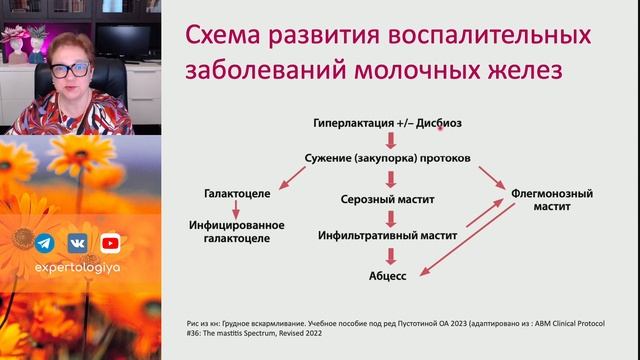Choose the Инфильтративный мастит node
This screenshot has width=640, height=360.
pos(387,236)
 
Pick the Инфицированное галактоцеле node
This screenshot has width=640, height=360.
pos(237,231)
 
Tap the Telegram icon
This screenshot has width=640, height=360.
pos(44,242)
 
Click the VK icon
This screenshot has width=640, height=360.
pos(77,242)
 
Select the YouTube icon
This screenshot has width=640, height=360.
pos(110,242)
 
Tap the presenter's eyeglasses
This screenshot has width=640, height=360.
pos(69,72)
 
